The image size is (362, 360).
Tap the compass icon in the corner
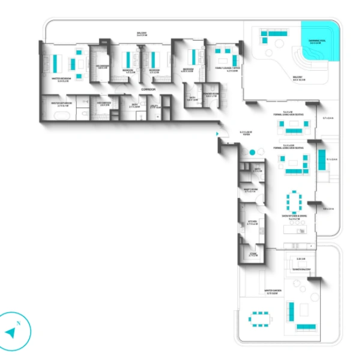[x=13, y=331]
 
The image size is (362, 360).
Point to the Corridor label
[x=149, y=89]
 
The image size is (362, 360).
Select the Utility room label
[x=154, y=106]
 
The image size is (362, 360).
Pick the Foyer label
[x=246, y=133]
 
